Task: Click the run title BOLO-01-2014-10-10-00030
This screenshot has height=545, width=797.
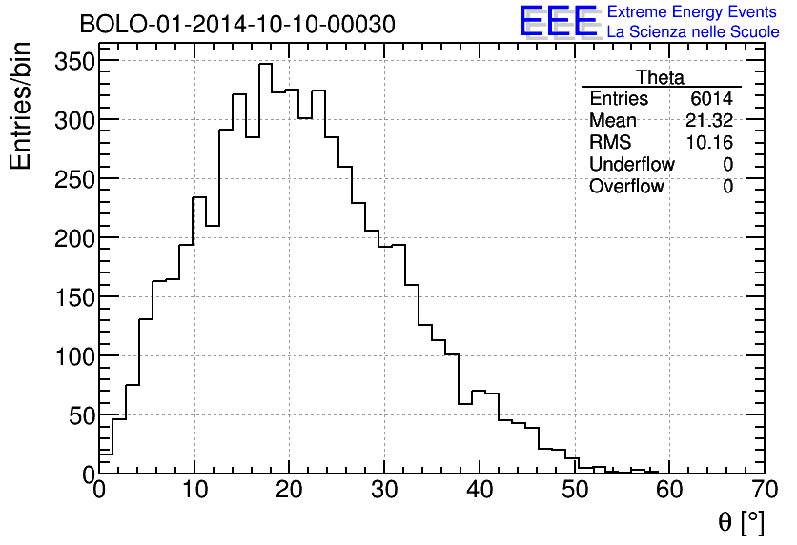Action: tap(236, 25)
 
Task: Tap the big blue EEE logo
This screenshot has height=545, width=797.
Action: tap(559, 21)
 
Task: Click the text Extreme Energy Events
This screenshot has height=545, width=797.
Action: tap(693, 12)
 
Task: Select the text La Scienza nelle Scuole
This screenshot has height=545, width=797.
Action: tap(693, 32)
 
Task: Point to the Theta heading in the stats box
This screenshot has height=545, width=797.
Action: tap(660, 78)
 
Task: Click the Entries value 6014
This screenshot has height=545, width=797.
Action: tap(712, 99)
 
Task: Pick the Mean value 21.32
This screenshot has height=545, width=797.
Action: tap(709, 121)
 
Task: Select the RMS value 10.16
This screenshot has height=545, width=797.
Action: tap(709, 143)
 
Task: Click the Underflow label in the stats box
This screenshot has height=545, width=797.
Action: tap(631, 165)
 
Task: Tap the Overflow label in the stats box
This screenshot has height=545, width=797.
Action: tap(626, 187)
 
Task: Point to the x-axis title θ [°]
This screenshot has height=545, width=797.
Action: tap(741, 521)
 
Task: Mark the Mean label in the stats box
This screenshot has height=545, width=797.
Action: tap(612, 121)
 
